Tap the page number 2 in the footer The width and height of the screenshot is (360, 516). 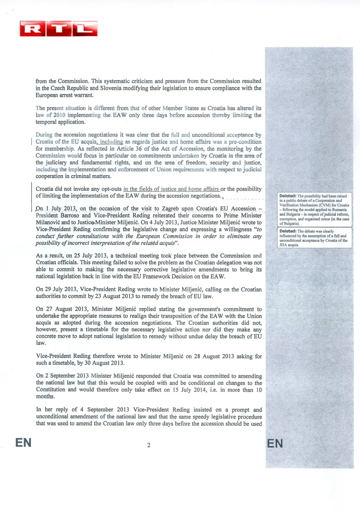click(149, 445)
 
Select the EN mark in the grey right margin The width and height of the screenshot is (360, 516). click(275, 444)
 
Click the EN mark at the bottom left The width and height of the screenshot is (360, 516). click(23, 443)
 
